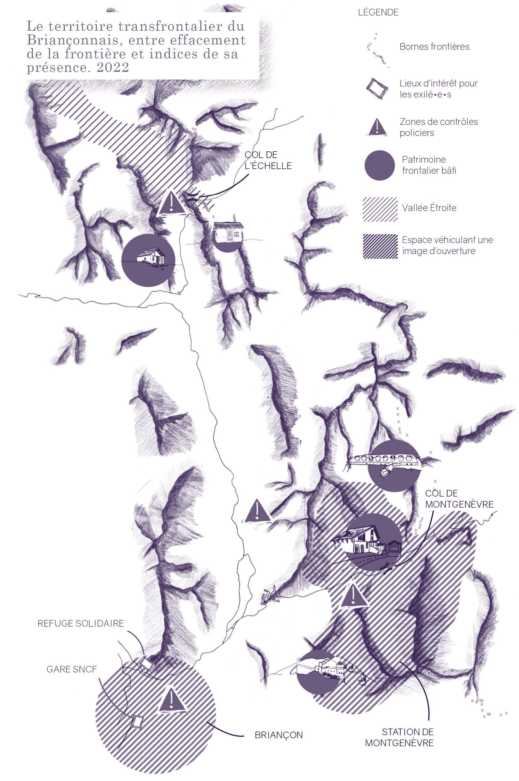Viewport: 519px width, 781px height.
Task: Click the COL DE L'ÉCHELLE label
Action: tap(268, 160)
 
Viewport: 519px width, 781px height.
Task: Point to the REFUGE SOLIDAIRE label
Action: tap(80, 623)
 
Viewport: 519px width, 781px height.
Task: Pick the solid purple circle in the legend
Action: tap(379, 165)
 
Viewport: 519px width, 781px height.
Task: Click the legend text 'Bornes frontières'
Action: tap(434, 46)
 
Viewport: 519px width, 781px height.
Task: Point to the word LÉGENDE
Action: tap(378, 13)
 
